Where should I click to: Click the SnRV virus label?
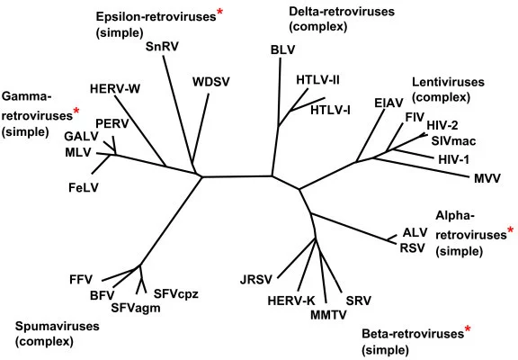(162, 47)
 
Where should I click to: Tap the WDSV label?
(210, 82)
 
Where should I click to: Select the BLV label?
(282, 49)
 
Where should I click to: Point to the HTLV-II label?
(317, 80)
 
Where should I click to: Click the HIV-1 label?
(453, 159)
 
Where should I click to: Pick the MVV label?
(487, 178)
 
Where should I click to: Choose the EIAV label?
(388, 103)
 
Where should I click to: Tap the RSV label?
(412, 247)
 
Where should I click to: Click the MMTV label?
(328, 314)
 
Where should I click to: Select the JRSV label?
(256, 280)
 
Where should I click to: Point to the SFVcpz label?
(176, 294)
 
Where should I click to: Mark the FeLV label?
(84, 188)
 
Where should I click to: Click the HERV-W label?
(115, 88)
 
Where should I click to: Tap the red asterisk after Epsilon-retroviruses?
(219, 13)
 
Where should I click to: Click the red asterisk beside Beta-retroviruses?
(468, 328)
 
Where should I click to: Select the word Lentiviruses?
(448, 82)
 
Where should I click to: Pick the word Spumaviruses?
(58, 327)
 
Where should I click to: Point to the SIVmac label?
(453, 141)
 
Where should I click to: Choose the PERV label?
(112, 123)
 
